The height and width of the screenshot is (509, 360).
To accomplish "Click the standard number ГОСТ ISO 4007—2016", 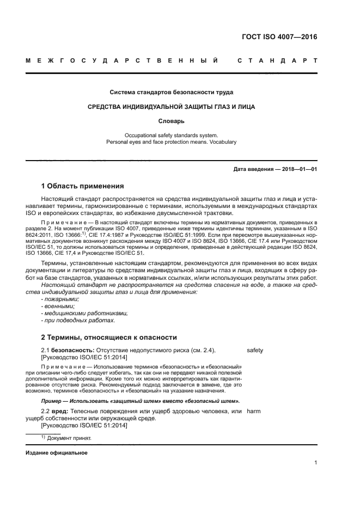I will point(279,38).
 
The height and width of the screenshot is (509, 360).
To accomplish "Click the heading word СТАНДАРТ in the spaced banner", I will point(277,61).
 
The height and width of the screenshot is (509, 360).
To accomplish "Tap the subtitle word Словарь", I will point(172,121).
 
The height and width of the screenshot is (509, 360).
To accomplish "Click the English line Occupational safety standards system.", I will point(172,135).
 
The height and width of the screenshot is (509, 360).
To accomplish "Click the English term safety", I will point(255,350).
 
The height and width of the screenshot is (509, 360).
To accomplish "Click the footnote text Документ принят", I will point(69,438).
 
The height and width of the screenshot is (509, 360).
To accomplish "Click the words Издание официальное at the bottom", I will point(57,453).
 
